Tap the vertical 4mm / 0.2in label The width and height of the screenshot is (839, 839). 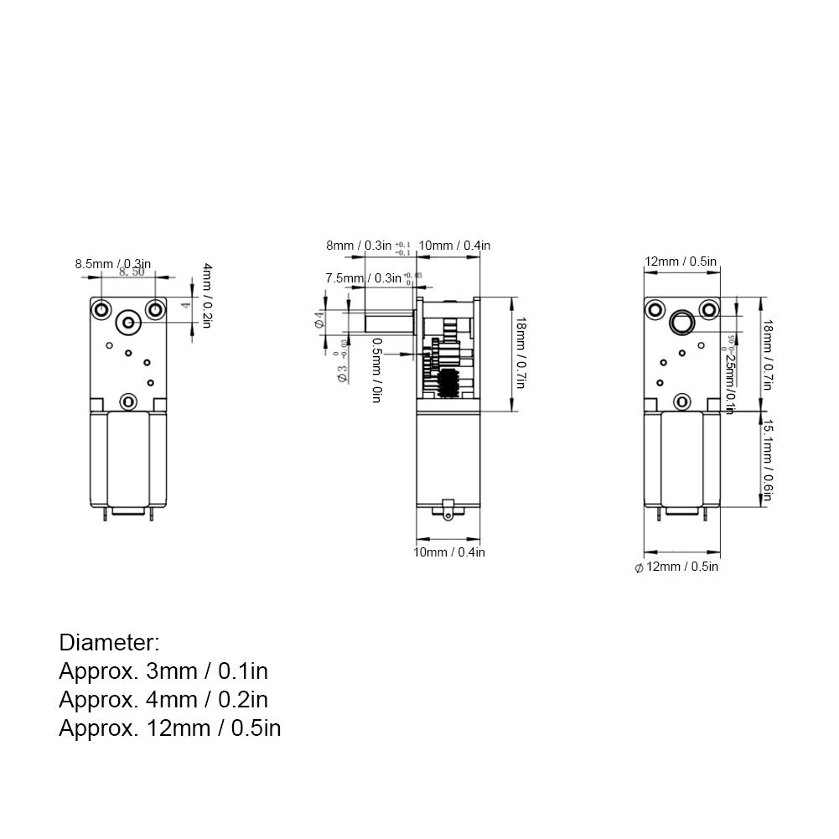point(207,296)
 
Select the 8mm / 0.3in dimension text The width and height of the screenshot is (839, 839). point(359,246)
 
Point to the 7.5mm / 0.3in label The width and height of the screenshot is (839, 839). point(363,278)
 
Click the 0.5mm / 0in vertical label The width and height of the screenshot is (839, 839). point(376,369)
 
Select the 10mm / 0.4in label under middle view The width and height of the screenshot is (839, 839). point(449,552)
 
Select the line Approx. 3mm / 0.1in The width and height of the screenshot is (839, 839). point(163,671)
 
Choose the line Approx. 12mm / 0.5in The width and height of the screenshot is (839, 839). point(170,728)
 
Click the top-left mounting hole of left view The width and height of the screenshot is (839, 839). point(101,309)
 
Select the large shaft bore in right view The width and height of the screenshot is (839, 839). point(683,321)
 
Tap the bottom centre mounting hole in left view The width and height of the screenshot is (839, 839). point(127,403)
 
